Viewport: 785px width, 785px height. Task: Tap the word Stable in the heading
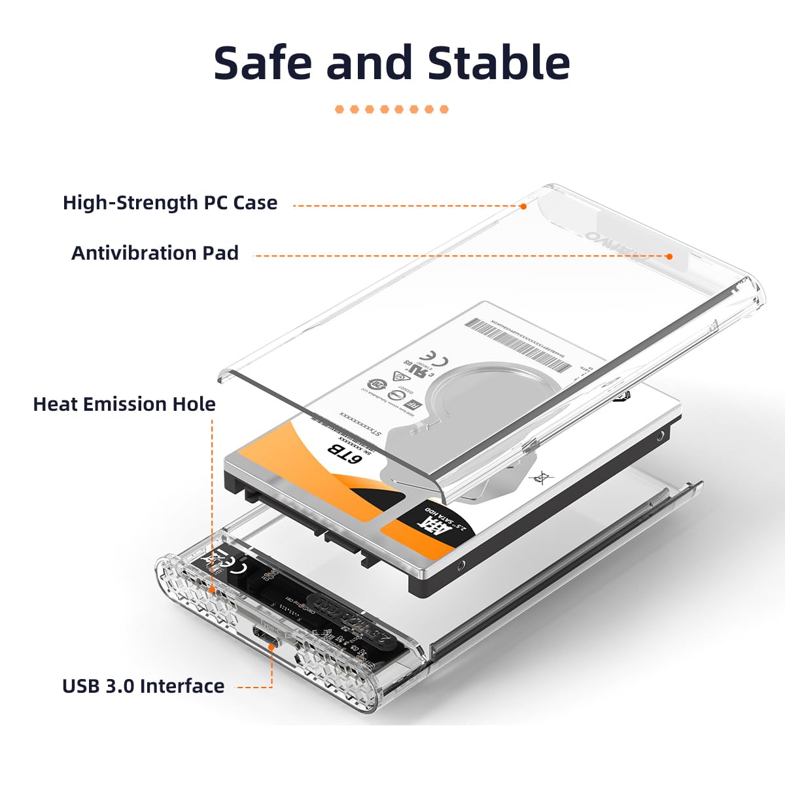point(498,63)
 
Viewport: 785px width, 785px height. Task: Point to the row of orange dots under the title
point(392,109)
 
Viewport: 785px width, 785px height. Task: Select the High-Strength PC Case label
point(170,203)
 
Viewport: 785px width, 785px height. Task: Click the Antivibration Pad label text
point(155,253)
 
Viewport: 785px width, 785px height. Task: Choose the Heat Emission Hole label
point(124,404)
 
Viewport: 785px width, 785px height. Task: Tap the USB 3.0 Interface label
point(143,686)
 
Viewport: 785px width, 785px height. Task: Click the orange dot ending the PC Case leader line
point(523,206)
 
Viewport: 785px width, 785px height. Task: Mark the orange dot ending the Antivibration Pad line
point(669,256)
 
